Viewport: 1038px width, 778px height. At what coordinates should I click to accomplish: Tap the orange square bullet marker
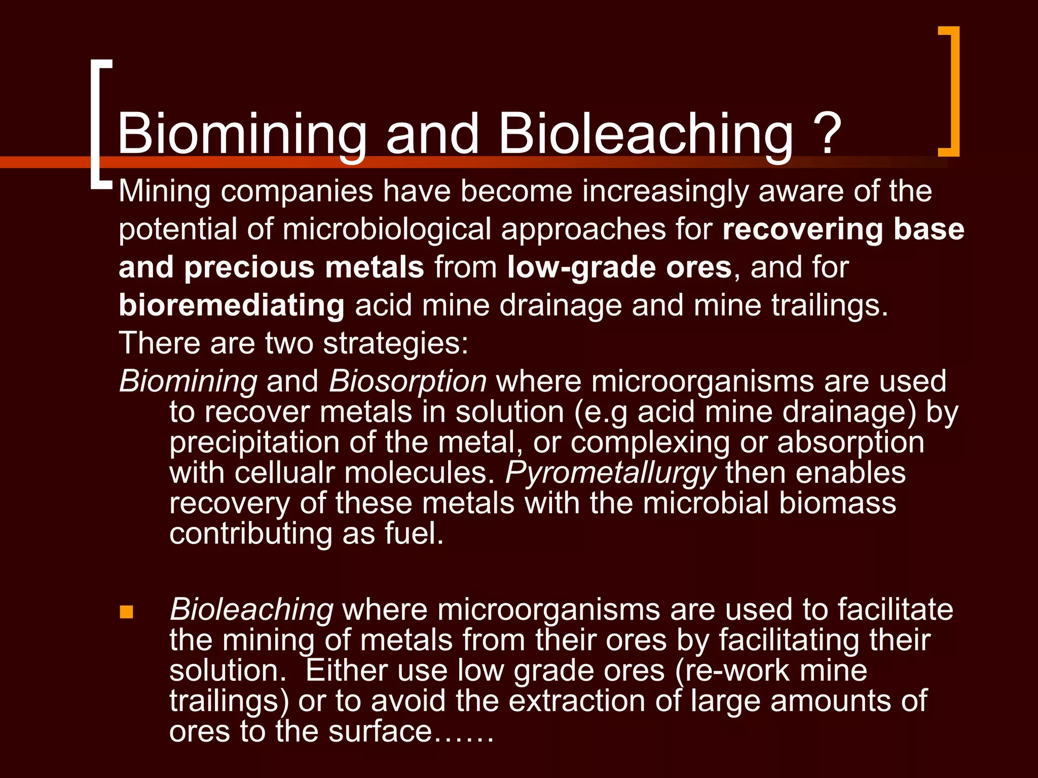[x=126, y=612]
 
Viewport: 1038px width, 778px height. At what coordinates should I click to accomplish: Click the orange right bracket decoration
[x=953, y=91]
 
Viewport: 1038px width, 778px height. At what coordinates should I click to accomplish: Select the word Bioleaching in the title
[x=646, y=134]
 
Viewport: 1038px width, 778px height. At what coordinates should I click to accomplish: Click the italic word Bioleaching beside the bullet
[x=251, y=609]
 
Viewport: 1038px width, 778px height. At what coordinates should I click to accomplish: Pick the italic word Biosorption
[x=407, y=381]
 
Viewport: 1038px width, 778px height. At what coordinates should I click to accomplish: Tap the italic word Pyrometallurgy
[x=610, y=473]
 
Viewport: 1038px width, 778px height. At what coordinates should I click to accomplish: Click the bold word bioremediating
[x=232, y=305]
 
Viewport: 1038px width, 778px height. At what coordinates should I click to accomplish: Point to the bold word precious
[x=249, y=267]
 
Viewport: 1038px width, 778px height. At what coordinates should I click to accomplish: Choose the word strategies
[x=395, y=344]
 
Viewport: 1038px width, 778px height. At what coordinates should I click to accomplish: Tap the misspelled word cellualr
[x=285, y=473]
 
